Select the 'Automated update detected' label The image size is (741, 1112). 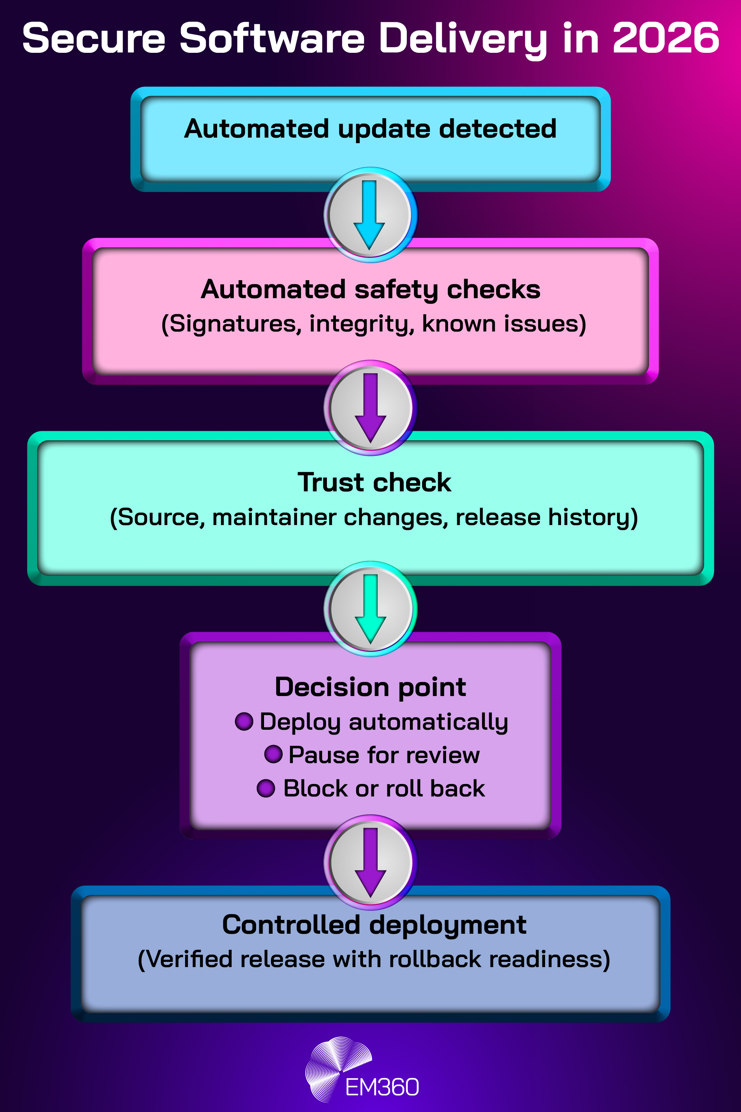(370, 129)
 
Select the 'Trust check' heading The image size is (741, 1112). (374, 483)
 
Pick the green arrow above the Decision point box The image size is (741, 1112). (370, 609)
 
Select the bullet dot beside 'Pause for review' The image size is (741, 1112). (273, 754)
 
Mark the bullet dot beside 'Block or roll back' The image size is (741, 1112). (266, 788)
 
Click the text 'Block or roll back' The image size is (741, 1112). (384, 788)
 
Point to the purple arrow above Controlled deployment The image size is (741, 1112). (370, 862)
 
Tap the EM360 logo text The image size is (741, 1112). (382, 1087)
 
